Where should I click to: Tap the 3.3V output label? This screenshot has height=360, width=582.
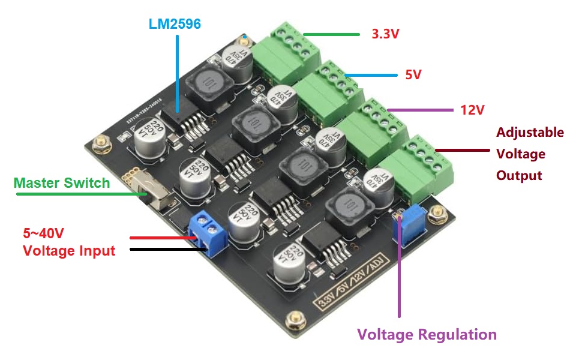pos(386,34)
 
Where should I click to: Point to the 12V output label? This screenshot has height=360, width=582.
pos(472,110)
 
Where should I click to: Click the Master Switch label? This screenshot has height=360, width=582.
pos(62,182)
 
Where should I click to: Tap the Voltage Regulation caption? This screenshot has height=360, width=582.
pos(427,334)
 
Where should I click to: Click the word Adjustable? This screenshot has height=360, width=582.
pos(530,132)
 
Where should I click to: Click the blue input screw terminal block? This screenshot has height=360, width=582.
pos(207,232)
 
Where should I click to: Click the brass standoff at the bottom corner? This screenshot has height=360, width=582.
pos(295,320)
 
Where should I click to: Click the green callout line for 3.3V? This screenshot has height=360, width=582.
pos(330,34)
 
